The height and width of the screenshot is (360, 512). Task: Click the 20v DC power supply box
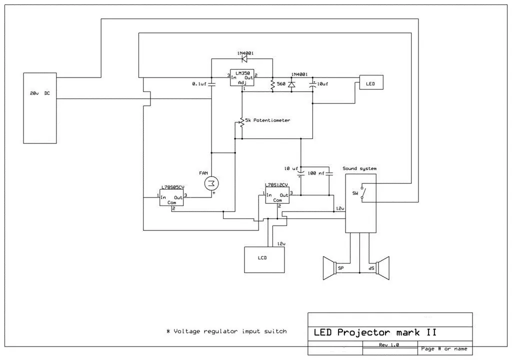[40, 108]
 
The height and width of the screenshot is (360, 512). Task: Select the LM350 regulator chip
[242, 78]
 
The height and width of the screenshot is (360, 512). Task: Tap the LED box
[370, 82]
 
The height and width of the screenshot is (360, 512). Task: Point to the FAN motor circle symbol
[211, 183]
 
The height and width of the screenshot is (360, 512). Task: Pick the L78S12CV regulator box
[277, 196]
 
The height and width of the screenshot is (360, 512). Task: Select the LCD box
[263, 259]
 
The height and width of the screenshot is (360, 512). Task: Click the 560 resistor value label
[281, 84]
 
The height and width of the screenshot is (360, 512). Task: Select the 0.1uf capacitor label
[199, 84]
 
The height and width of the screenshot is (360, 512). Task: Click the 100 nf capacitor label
[316, 173]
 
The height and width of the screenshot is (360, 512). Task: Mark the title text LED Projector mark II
[374, 332]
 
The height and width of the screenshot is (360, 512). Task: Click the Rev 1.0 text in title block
[389, 345]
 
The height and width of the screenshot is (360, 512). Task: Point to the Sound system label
[359, 168]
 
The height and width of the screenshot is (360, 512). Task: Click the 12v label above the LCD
[281, 243]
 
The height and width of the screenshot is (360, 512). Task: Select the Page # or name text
[444, 348]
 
